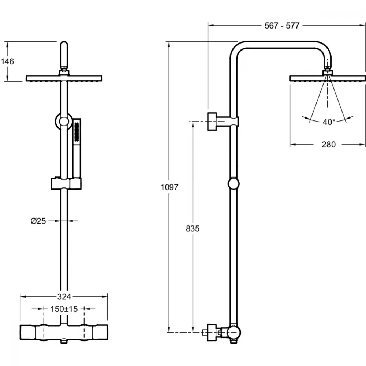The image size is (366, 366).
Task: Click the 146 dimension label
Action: point(7,61)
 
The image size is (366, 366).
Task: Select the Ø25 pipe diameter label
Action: point(38,221)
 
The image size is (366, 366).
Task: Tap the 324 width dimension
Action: point(64,297)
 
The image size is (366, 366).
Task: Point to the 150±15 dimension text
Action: point(64,309)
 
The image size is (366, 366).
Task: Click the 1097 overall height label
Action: point(169,187)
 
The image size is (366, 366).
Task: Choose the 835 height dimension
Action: point(193,228)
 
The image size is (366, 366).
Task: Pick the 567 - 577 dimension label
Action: point(282,26)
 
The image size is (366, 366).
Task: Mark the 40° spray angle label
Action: point(329,122)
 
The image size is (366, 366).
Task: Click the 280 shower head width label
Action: point(329,145)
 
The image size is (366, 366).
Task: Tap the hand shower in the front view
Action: point(76,148)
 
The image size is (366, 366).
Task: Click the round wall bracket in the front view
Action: point(64,122)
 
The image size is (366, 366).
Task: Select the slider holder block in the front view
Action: point(66,184)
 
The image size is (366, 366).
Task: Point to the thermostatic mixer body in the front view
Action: point(64,332)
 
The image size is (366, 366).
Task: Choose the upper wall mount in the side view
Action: point(223,122)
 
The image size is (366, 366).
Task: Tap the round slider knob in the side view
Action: point(234,184)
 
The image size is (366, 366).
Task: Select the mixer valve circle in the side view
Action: point(234,333)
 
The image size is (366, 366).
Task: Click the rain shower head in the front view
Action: point(64,78)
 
